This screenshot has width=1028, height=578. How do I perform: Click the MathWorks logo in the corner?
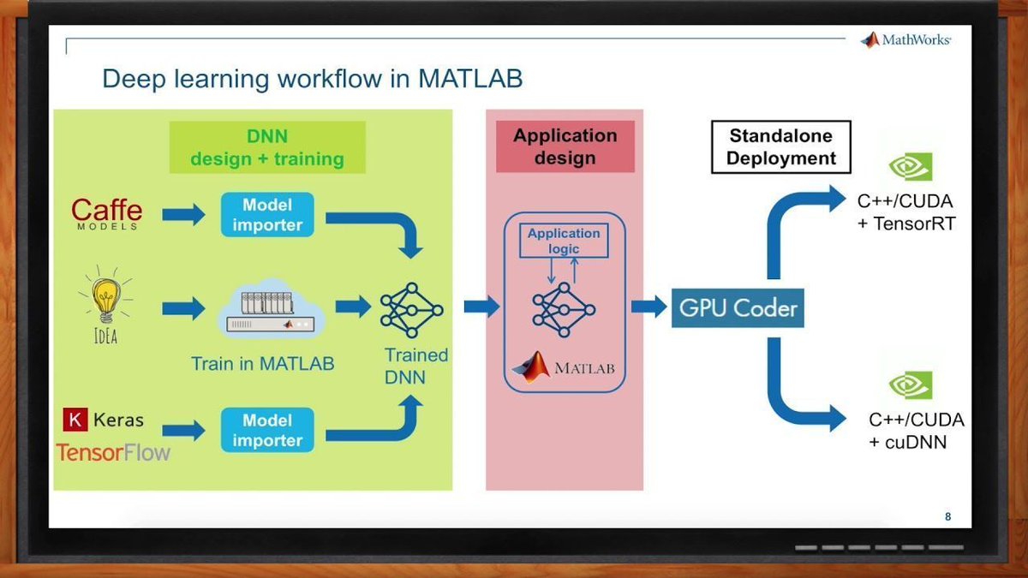coord(905,40)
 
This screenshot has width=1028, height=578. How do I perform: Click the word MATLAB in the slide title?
coord(470,79)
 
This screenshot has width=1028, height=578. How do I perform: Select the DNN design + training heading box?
coord(267,147)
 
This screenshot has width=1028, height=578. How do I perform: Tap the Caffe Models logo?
coord(106,214)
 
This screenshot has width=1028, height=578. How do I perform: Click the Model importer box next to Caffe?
coord(267,215)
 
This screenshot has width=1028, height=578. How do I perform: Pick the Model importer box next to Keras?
coord(267,430)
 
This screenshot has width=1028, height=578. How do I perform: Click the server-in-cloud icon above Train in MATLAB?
coord(271,308)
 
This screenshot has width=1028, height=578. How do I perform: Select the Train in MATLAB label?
coord(262,364)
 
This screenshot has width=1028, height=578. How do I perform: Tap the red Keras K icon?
coord(75,420)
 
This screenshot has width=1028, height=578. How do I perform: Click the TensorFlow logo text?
coord(113,453)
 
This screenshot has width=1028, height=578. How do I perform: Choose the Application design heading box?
coord(565,146)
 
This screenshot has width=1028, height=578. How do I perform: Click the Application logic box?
coord(564,241)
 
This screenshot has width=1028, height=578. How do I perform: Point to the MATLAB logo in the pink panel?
coord(563,367)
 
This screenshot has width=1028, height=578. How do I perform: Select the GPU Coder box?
coord(738,307)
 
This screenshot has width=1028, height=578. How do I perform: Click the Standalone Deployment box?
coord(781,146)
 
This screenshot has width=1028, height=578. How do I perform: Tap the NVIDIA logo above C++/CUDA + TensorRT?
coord(911,166)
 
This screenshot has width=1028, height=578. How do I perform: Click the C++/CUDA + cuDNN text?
coord(917,431)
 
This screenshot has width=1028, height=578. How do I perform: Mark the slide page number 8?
coord(947,517)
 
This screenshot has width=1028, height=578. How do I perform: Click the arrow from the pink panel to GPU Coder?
coord(649,307)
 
